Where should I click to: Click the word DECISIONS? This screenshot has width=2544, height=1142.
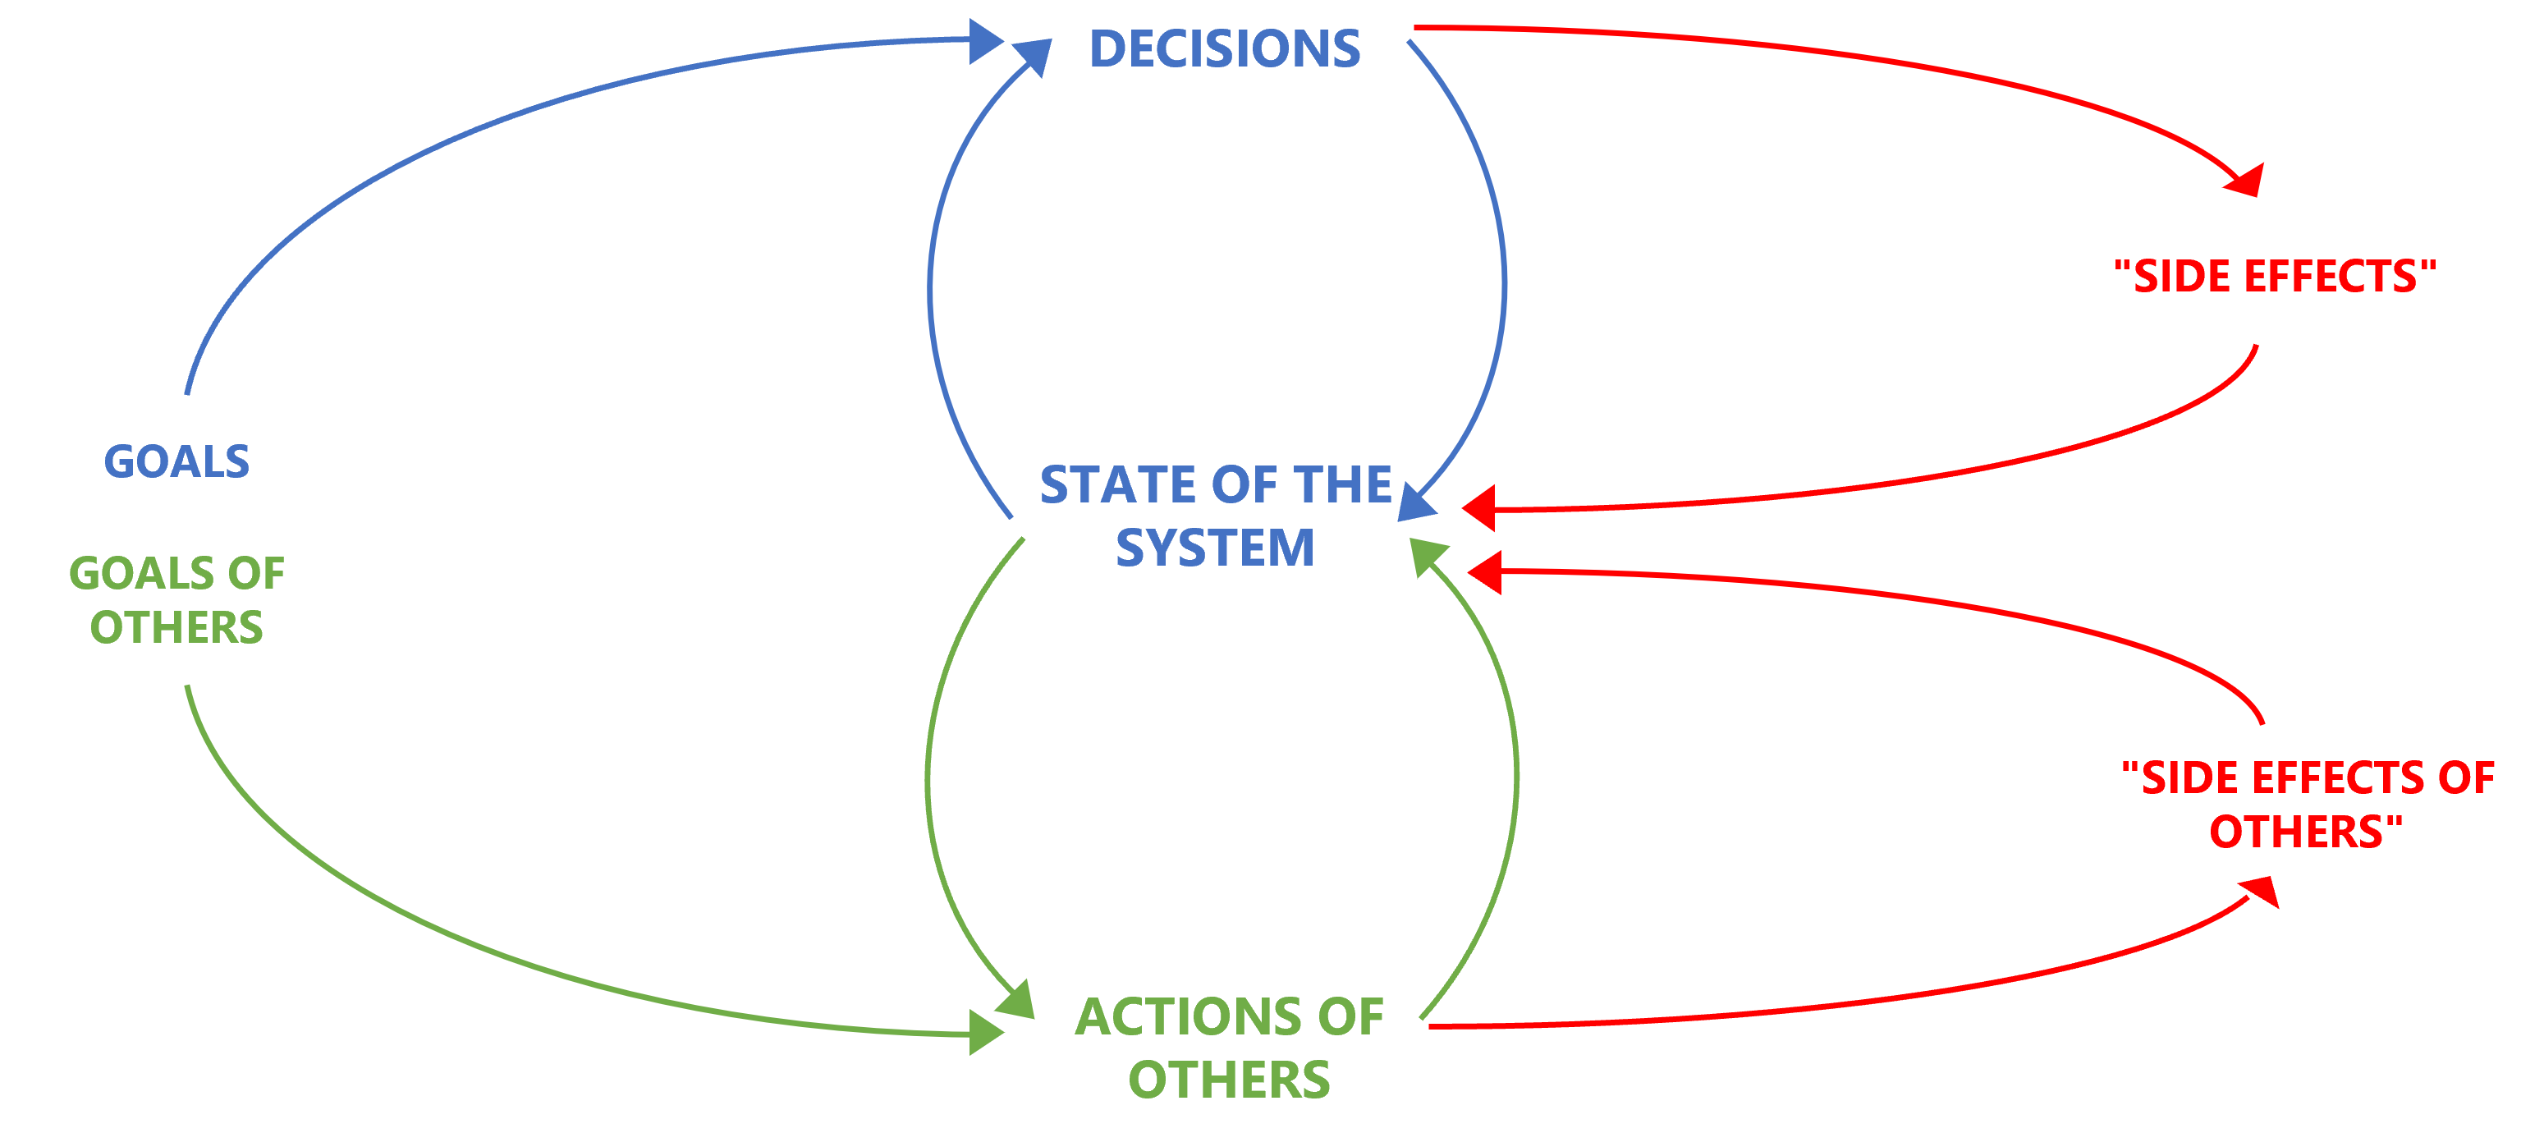(1224, 49)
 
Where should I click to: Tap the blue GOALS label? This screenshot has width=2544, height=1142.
(176, 462)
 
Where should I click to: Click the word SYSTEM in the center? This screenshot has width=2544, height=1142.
(1215, 548)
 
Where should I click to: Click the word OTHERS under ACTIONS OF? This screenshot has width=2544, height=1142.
(1229, 1080)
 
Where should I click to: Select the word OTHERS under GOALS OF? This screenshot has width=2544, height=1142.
(176, 628)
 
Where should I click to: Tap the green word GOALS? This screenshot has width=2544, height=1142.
(141, 574)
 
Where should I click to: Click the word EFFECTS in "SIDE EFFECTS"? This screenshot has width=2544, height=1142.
(2331, 277)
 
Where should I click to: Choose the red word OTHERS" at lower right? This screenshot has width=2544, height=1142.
(2305, 832)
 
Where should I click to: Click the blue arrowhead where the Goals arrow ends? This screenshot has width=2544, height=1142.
(984, 42)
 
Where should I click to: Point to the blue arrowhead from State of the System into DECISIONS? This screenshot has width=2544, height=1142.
(1031, 57)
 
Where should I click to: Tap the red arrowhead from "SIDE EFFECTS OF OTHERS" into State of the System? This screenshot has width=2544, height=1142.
(1485, 572)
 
